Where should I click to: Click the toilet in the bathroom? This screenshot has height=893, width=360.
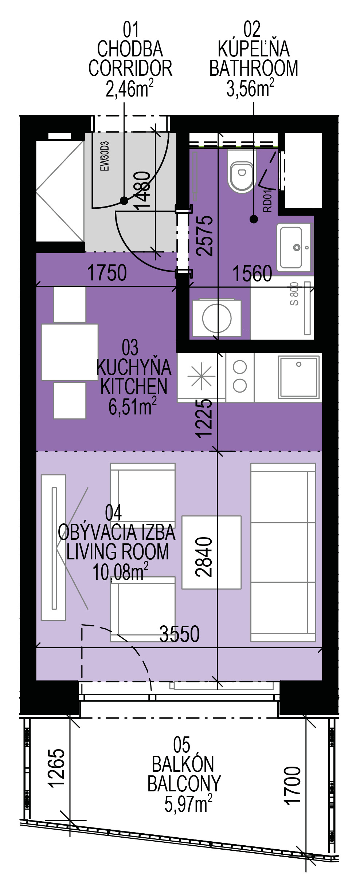240,172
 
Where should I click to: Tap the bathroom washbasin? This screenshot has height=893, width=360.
295,247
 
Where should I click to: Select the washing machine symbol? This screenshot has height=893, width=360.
217,317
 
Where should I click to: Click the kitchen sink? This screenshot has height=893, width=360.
299,377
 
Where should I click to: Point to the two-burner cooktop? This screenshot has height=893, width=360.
240,377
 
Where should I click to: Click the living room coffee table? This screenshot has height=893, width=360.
211,552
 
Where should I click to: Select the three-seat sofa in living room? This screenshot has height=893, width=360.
283,552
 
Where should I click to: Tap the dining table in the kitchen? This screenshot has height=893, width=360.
70,352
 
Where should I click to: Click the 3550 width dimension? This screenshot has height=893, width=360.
180,634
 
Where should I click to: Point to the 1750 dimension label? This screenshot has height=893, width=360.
107,273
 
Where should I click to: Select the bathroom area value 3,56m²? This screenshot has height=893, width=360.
251,88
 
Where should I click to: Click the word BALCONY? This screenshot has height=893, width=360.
184,784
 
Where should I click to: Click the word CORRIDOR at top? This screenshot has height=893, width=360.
130,68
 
